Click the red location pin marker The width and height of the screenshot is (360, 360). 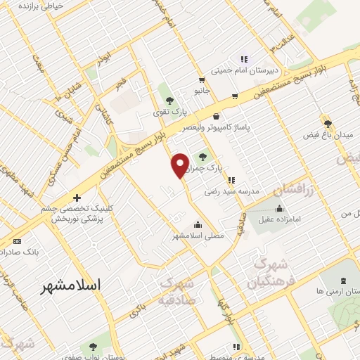click(179, 165)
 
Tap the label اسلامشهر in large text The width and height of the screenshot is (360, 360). click(71, 285)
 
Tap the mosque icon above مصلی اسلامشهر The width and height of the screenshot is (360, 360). click(198, 225)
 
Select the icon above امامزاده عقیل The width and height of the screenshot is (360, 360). click(280, 208)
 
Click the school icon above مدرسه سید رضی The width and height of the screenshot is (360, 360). click(231, 180)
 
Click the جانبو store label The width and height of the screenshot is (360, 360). click(202, 91)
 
